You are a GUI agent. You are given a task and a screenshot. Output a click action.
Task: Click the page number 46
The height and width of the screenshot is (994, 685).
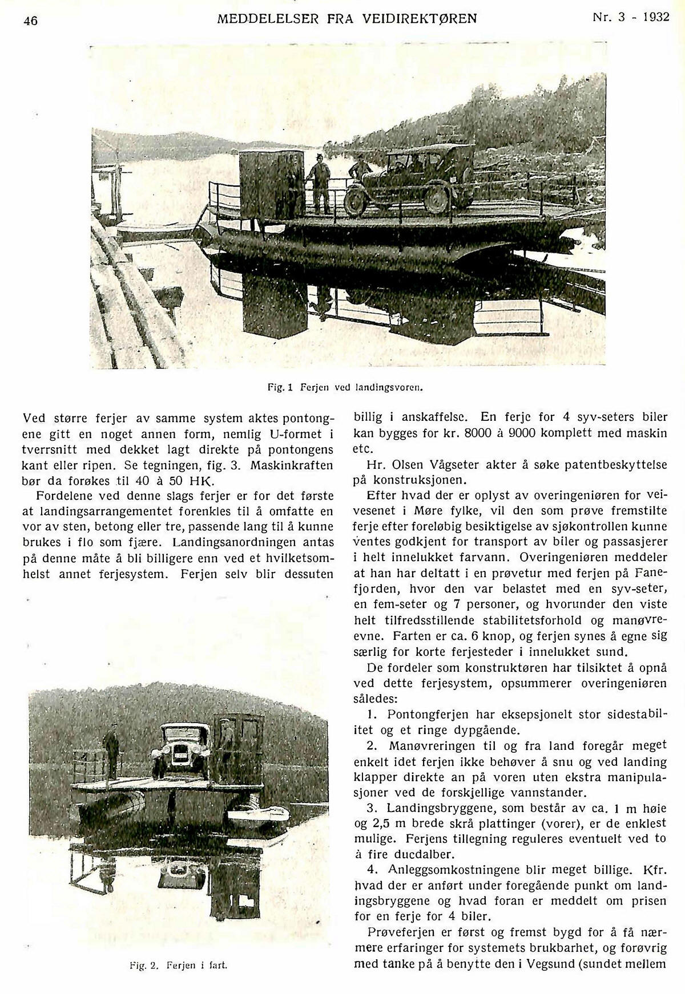click(30, 21)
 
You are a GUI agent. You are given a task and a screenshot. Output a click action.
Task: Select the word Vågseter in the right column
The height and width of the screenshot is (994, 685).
click(450, 465)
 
